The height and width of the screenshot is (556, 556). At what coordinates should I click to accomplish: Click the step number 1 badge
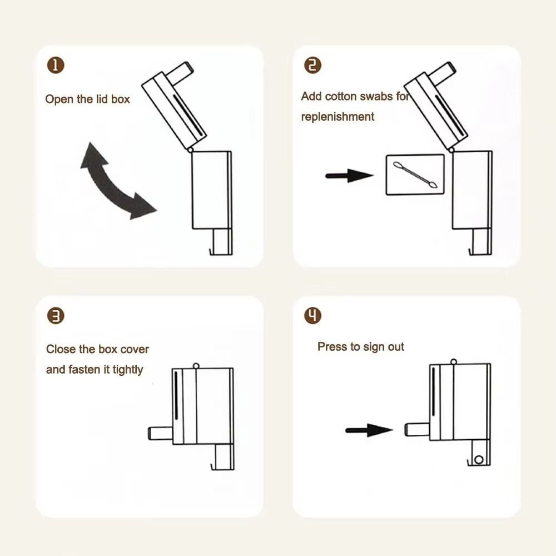point(56,66)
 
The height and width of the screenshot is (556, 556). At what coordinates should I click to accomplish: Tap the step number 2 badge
point(312,66)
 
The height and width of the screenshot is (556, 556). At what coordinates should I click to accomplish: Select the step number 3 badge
point(56,316)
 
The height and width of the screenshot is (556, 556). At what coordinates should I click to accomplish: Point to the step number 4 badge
point(312,316)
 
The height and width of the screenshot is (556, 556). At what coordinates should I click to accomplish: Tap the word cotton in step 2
point(341,96)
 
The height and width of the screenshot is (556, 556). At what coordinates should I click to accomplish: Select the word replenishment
point(337,117)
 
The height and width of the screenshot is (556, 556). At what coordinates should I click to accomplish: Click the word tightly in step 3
point(128,370)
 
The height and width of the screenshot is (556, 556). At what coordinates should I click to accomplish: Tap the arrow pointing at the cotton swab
point(349,176)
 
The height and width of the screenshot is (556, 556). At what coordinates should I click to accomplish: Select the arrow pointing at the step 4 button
point(369,430)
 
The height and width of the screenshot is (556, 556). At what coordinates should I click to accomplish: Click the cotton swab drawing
point(415,175)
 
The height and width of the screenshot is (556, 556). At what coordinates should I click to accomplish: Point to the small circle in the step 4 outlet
point(479,460)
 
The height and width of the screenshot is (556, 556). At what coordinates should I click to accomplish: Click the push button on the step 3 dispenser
point(160,433)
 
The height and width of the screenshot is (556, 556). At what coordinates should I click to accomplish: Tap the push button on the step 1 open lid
point(180,73)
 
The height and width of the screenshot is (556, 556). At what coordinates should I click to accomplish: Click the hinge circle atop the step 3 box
point(196,366)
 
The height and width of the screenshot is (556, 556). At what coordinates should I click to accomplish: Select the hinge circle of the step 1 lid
point(190,150)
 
